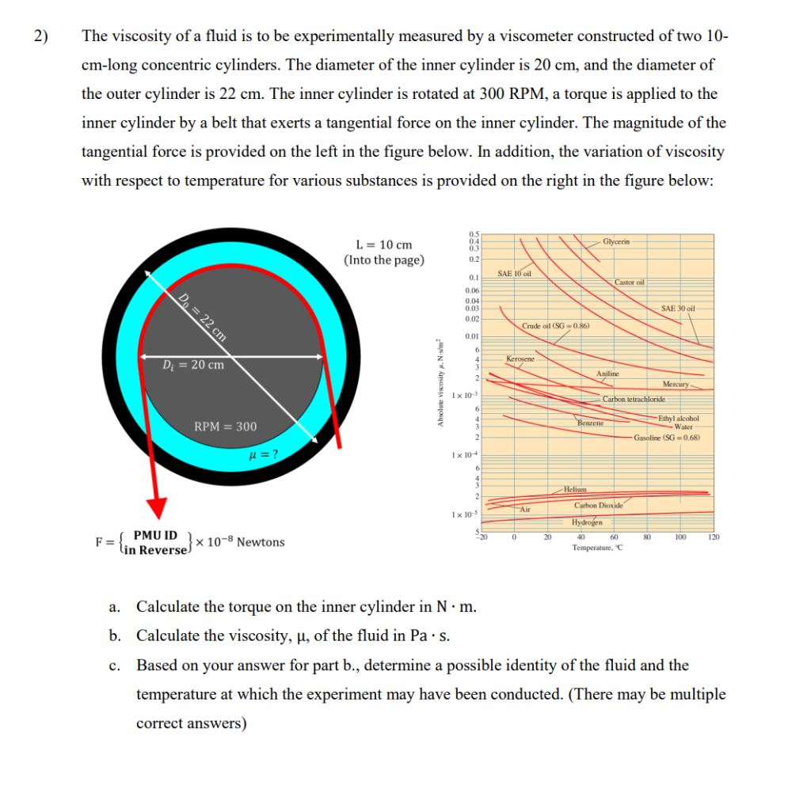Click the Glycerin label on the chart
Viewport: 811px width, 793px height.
click(616, 241)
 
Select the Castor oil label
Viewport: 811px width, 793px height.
click(630, 282)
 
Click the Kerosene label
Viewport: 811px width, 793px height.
click(520, 360)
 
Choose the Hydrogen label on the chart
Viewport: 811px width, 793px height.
click(587, 522)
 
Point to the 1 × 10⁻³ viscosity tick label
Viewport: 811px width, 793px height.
click(462, 395)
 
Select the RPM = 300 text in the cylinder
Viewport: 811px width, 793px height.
click(225, 427)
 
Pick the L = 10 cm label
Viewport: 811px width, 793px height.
click(384, 245)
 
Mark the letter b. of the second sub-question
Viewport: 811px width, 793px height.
click(115, 636)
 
